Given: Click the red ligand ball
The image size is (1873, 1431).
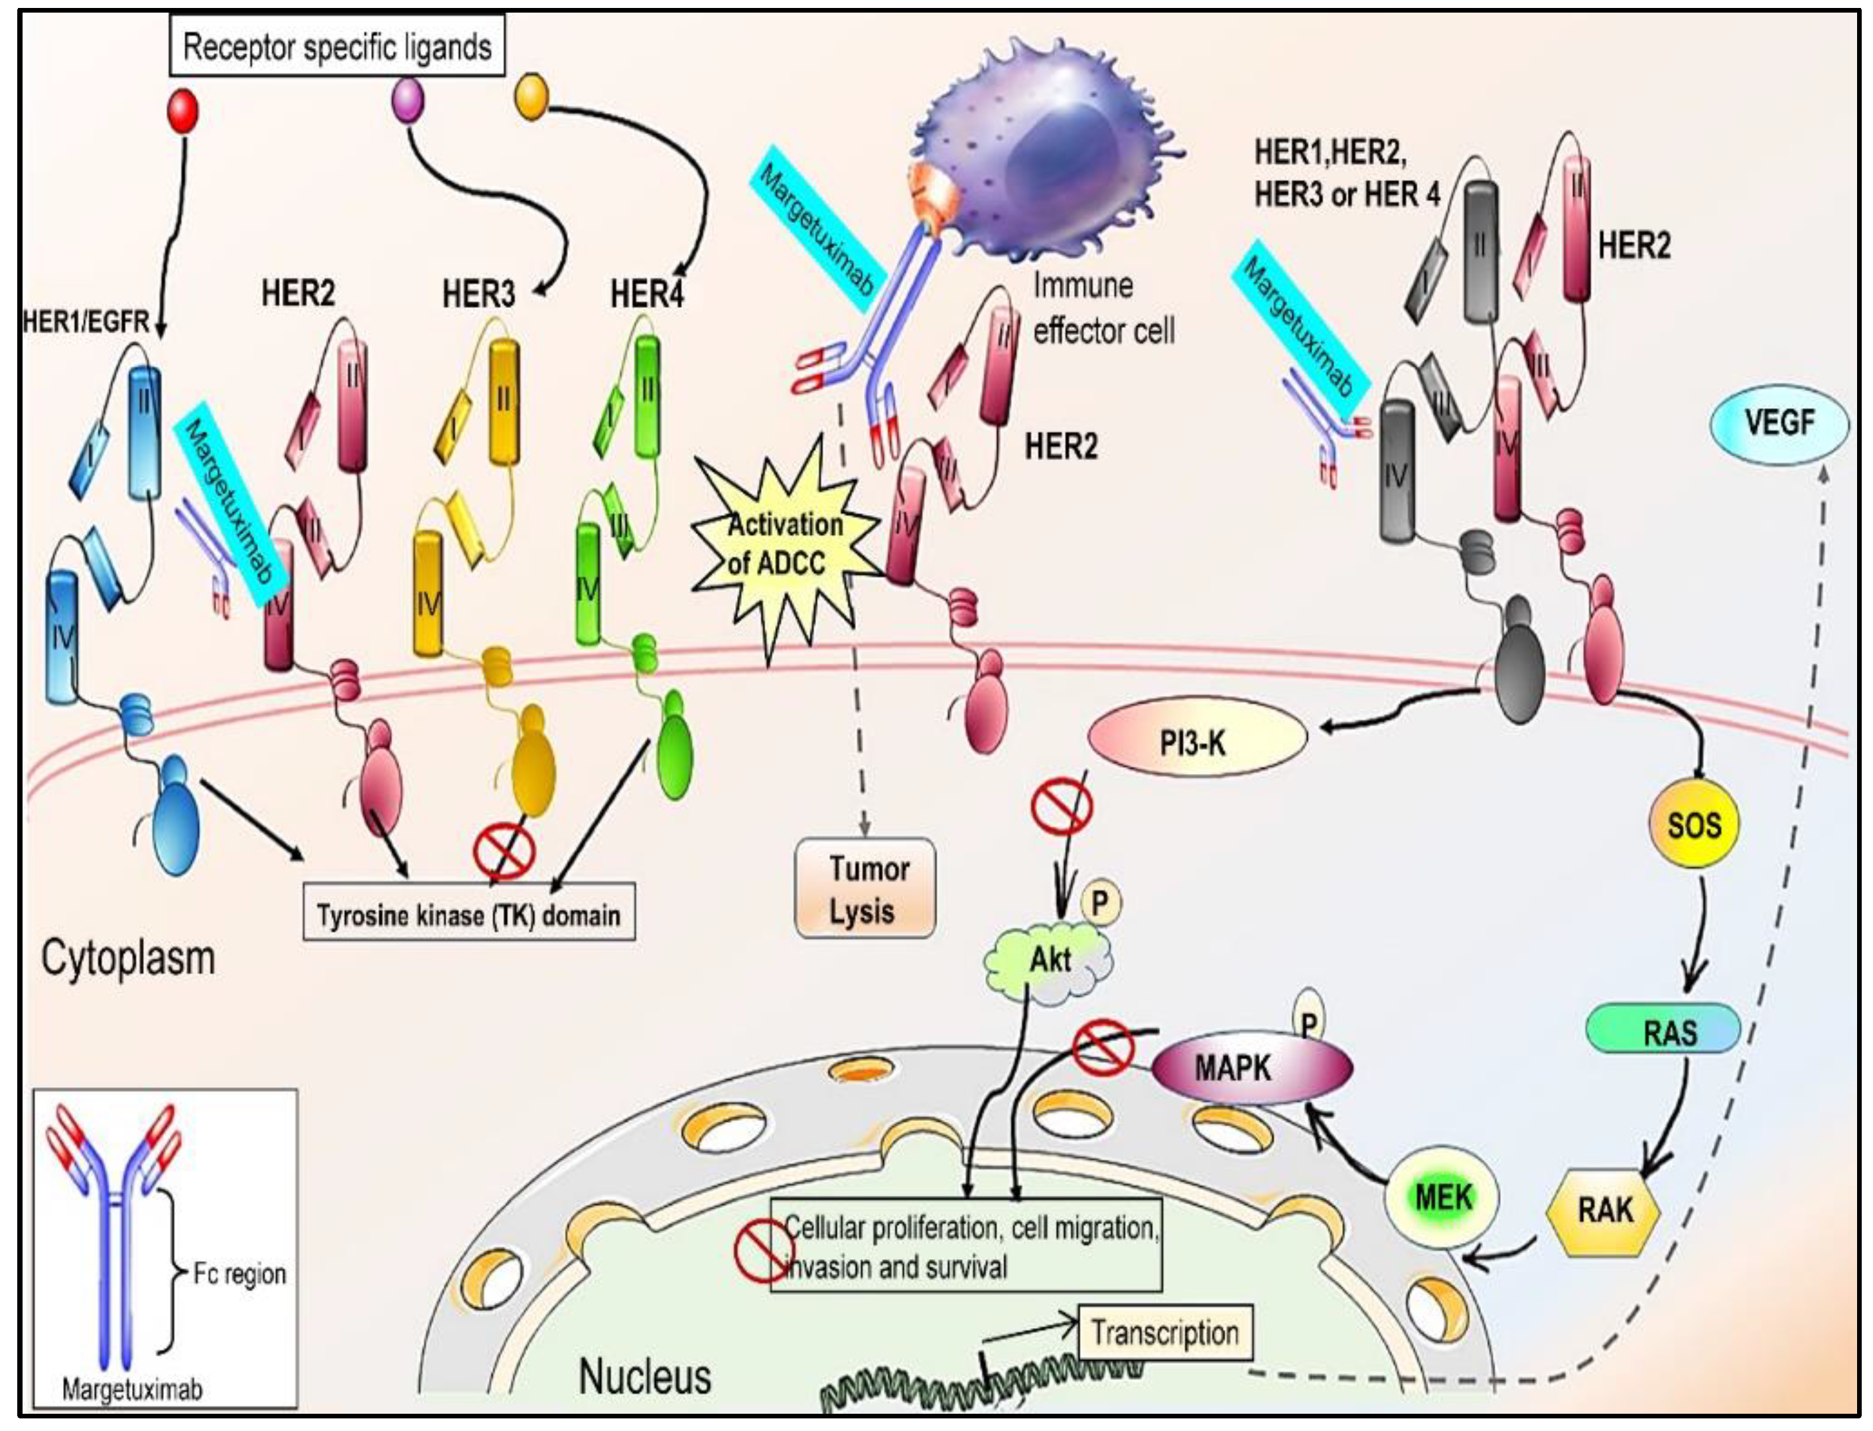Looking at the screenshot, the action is [182, 111].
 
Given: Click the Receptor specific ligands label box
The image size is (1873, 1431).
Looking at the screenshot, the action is [337, 46].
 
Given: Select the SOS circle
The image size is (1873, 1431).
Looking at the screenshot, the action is [1695, 824].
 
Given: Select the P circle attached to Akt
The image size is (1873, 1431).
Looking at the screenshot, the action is [1100, 902].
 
